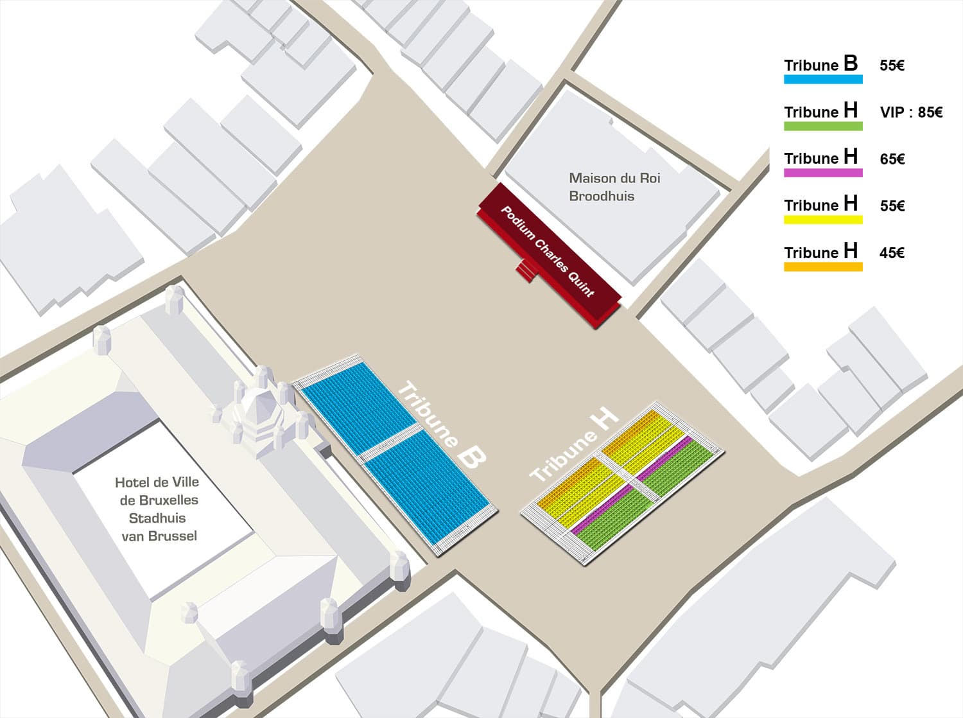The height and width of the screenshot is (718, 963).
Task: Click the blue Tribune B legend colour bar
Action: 823,80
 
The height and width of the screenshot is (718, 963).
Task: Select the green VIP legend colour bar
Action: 823,127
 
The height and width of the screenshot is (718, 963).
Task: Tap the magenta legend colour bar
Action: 823,173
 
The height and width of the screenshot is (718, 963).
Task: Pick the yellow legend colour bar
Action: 823,220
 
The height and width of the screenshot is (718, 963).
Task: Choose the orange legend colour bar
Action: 823,267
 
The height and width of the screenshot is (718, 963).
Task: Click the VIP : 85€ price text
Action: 911,112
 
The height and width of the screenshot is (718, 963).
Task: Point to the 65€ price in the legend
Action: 892,159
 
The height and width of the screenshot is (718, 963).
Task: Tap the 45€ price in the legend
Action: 892,253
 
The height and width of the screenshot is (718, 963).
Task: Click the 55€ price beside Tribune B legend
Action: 892,66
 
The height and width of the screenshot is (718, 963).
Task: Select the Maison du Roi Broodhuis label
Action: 614,187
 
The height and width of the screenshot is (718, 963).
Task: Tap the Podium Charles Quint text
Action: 548,252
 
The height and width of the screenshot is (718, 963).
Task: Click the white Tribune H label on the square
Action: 575,444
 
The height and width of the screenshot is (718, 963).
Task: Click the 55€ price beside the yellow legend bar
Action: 892,206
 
